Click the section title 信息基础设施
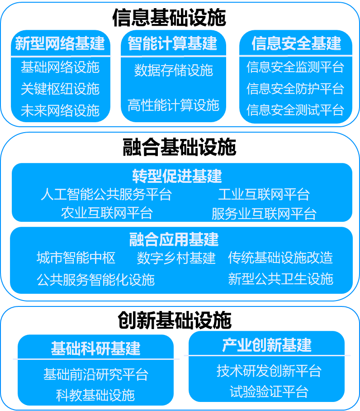[169, 18]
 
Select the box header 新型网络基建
[60, 43]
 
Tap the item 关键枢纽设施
[60, 89]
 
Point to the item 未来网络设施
[60, 110]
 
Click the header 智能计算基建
[173, 43]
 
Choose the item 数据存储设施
[174, 70]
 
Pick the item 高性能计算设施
[173, 105]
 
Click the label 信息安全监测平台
[295, 67]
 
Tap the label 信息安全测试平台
[295, 110]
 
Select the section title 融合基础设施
[180, 147]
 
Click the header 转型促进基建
[177, 176]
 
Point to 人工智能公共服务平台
[106, 195]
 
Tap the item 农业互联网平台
[107, 213]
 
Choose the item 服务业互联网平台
[264, 214]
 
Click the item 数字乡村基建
[176, 258]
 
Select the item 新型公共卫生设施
[281, 279]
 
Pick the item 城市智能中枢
[76, 258]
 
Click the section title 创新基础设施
[175, 320]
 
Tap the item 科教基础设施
[95, 395]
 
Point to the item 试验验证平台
[269, 392]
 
